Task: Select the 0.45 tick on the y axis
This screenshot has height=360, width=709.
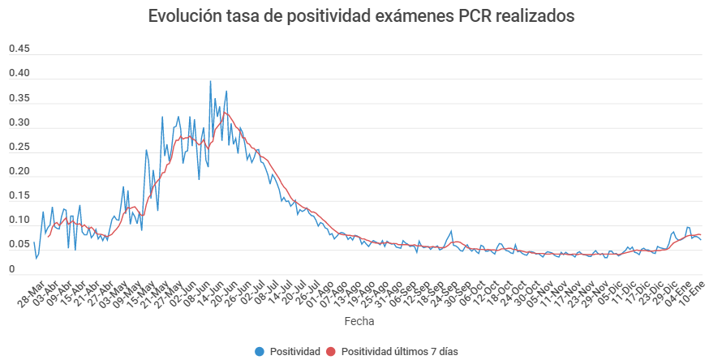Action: tap(19, 49)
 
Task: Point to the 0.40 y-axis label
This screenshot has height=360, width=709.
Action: tap(19, 73)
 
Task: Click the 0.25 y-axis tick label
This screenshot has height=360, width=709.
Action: tap(19, 147)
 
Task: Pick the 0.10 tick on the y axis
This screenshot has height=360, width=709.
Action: tap(19, 220)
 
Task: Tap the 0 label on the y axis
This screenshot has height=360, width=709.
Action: tap(11, 269)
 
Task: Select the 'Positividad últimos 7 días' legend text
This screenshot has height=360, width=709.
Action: tap(400, 351)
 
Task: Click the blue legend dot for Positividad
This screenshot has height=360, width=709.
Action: tap(260, 351)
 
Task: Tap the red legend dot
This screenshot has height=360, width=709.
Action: tap(331, 351)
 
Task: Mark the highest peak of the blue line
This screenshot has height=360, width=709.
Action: tap(210, 80)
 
